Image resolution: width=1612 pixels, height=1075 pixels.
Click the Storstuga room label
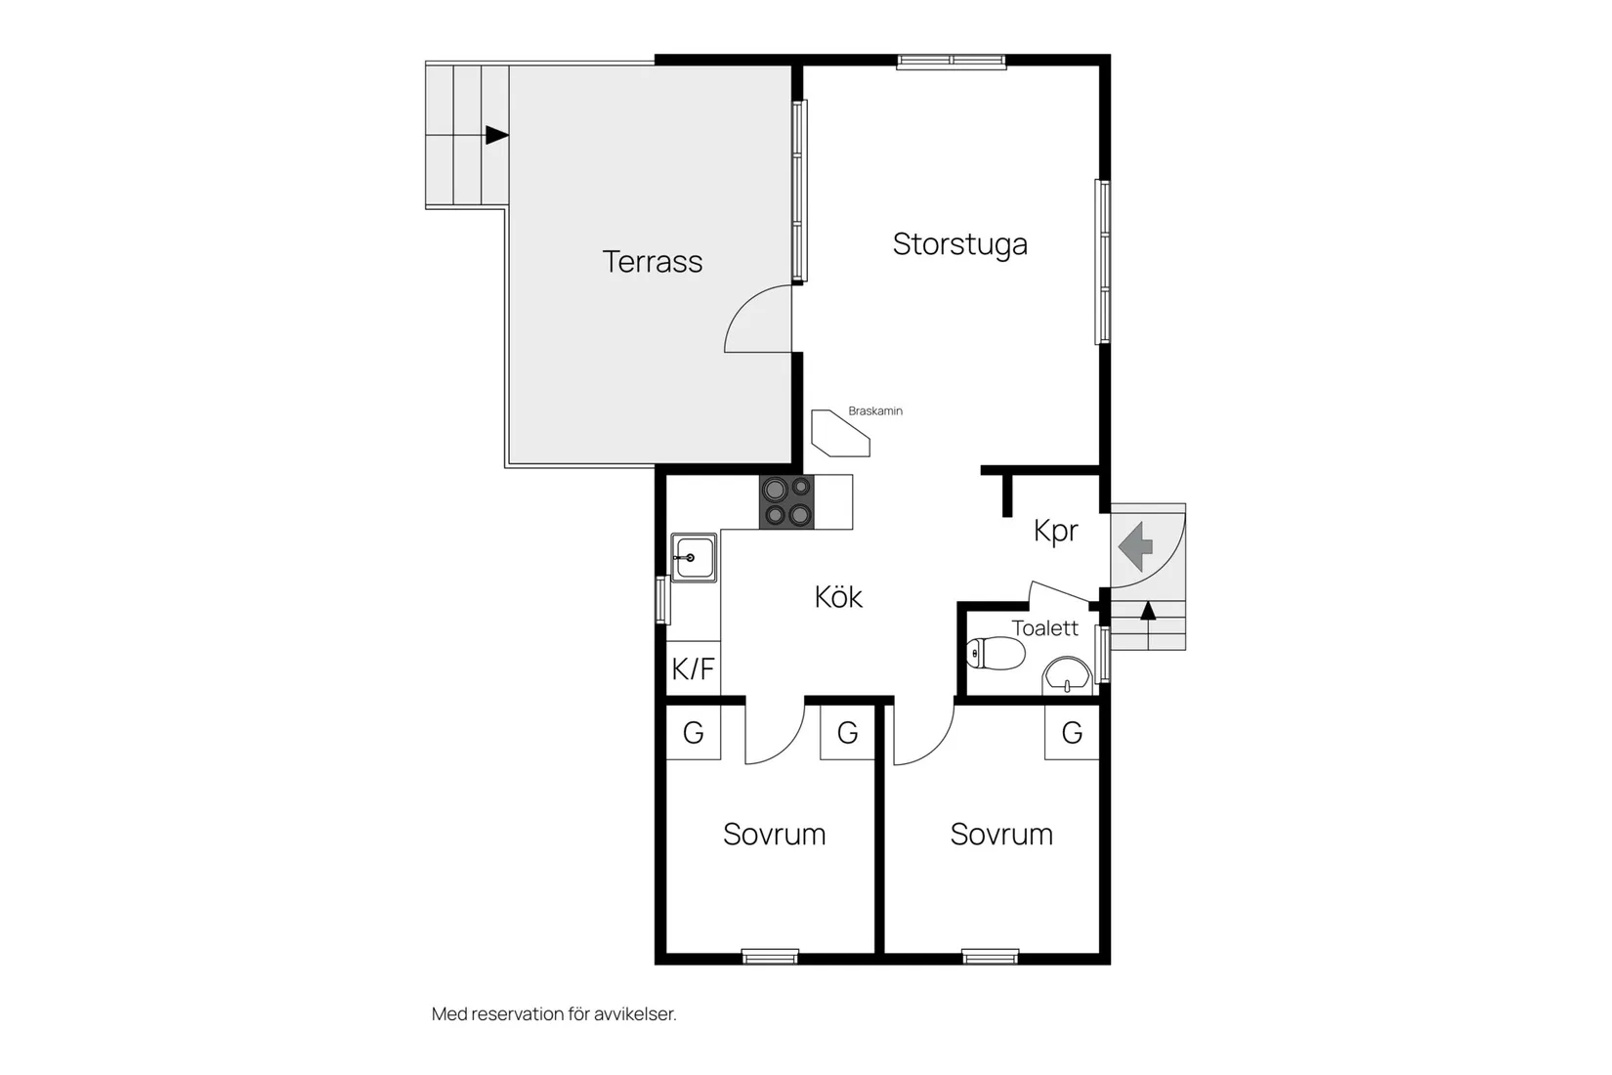click(x=960, y=245)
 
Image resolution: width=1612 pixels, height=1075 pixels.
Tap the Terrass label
click(x=652, y=261)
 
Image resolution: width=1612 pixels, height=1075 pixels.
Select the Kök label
click(x=838, y=597)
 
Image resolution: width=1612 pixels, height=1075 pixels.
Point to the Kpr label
click(x=1056, y=532)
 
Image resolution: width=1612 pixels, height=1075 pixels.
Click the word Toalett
click(x=1045, y=627)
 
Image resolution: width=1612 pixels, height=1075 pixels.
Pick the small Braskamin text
click(x=875, y=410)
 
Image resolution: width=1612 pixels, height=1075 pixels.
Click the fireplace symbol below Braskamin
click(x=840, y=433)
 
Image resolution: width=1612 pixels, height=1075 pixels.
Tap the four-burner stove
click(x=786, y=502)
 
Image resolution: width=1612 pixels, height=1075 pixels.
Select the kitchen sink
click(x=693, y=557)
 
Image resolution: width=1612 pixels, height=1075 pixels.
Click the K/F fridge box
click(x=693, y=668)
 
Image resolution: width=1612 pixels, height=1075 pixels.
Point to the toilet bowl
click(x=996, y=653)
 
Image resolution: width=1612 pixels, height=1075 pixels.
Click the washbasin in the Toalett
click(x=1067, y=675)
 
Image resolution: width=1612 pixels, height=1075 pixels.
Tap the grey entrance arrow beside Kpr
click(x=1135, y=547)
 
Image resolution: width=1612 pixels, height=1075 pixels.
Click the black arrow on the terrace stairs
click(x=497, y=135)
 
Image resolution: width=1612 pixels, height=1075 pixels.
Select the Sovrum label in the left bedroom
click(x=775, y=835)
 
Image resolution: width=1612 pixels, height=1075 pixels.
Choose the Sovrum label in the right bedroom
click(x=1001, y=835)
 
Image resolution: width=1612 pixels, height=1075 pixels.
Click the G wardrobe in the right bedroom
click(x=1073, y=732)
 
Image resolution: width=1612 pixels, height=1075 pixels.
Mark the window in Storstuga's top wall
click(x=952, y=62)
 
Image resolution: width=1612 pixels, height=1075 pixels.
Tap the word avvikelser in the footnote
click(x=636, y=1013)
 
